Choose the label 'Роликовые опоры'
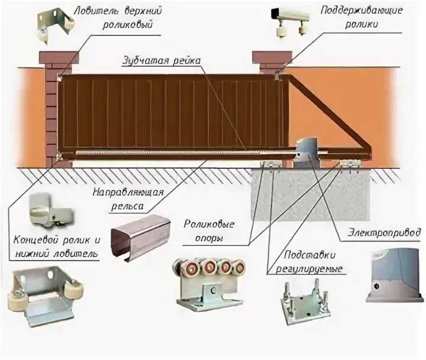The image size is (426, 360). (209, 231)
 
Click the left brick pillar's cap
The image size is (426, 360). (59, 57)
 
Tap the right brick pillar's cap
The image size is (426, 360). (269, 57)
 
